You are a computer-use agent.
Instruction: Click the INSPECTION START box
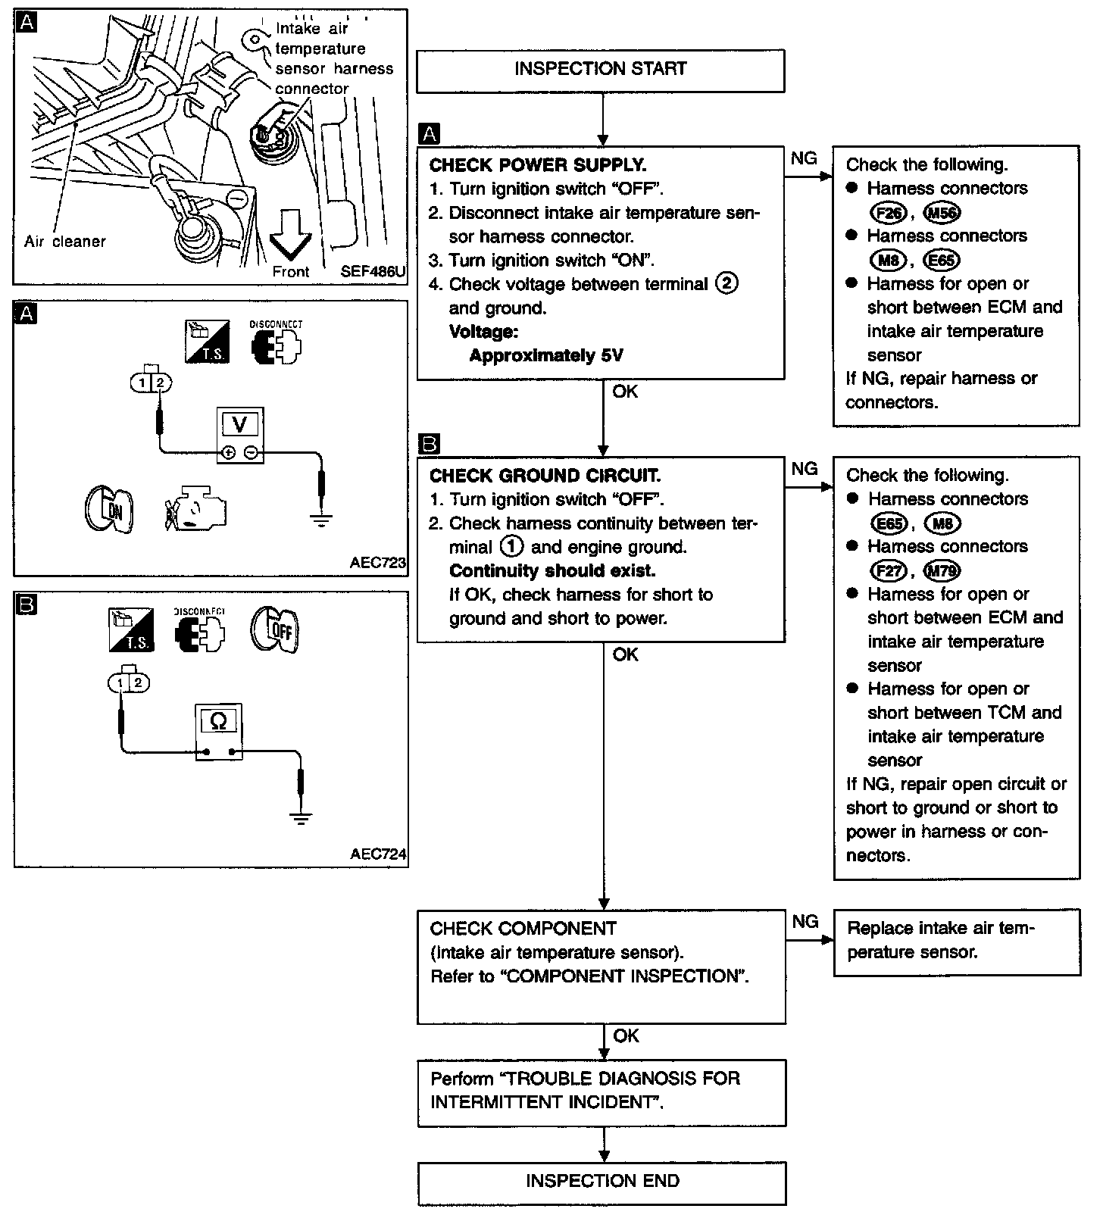click(600, 70)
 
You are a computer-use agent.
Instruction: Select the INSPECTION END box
click(601, 1181)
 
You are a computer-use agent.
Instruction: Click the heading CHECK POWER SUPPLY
click(538, 165)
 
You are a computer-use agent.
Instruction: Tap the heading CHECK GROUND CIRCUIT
click(545, 476)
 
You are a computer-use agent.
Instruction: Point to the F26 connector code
click(888, 213)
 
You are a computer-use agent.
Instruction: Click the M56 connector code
click(942, 213)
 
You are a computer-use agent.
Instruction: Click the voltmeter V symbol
click(239, 424)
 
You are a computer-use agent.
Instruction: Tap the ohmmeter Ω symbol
click(218, 721)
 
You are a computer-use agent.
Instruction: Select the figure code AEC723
click(377, 563)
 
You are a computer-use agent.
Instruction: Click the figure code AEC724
click(377, 854)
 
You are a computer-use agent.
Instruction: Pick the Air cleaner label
click(65, 242)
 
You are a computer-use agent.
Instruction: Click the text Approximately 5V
click(545, 355)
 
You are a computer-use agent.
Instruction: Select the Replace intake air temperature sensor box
click(956, 941)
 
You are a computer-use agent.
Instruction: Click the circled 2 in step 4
click(726, 283)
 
